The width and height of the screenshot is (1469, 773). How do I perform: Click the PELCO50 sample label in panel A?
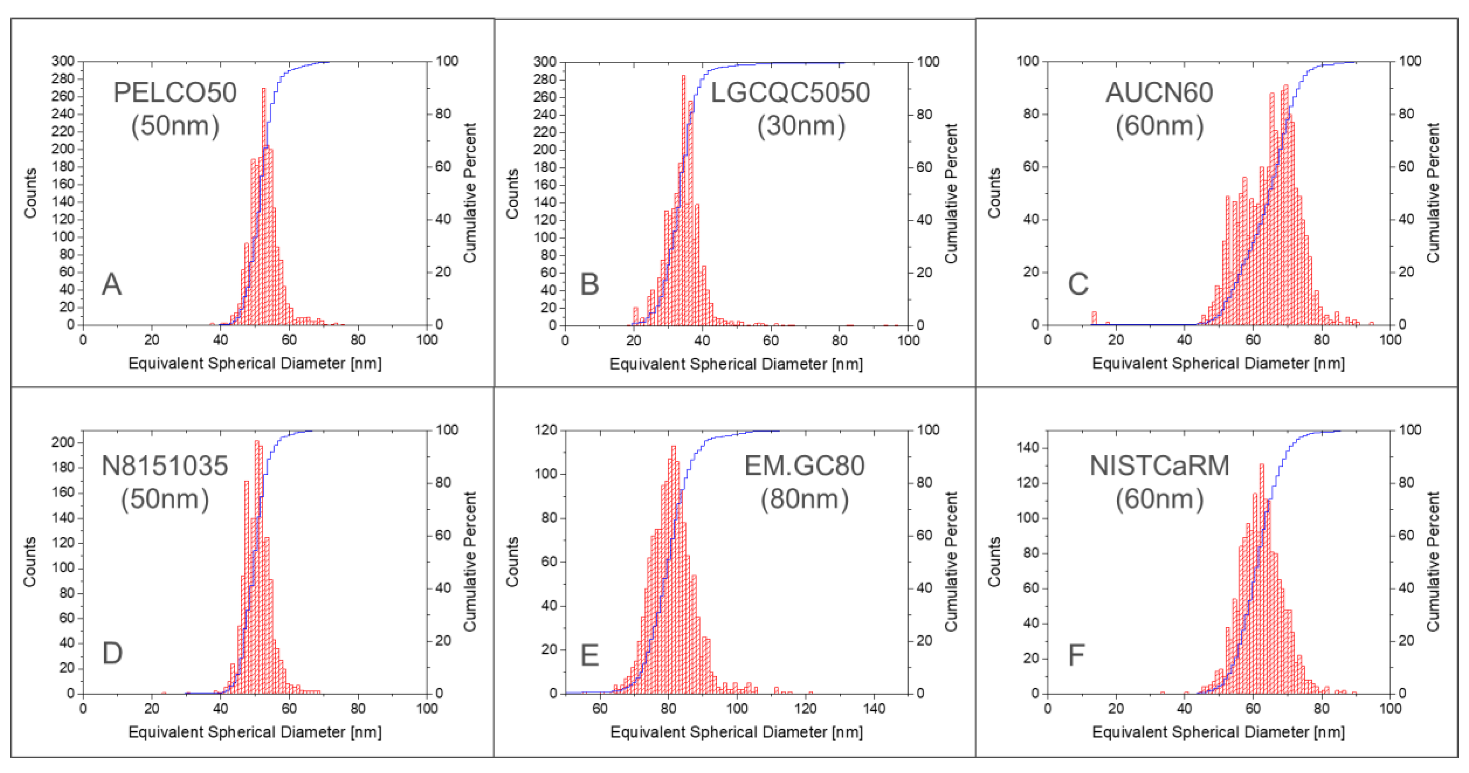click(175, 92)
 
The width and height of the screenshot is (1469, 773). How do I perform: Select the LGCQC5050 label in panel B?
click(790, 92)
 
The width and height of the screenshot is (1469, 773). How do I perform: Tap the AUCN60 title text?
click(1159, 92)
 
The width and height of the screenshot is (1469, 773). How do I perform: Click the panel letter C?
click(1078, 284)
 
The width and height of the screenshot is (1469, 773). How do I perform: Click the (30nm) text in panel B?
click(801, 126)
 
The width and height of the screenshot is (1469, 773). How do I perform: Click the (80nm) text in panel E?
click(804, 499)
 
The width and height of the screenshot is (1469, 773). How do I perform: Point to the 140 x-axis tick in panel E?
click(874, 709)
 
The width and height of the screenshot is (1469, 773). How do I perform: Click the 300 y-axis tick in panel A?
click(63, 61)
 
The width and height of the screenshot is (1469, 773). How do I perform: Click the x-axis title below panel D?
click(254, 732)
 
